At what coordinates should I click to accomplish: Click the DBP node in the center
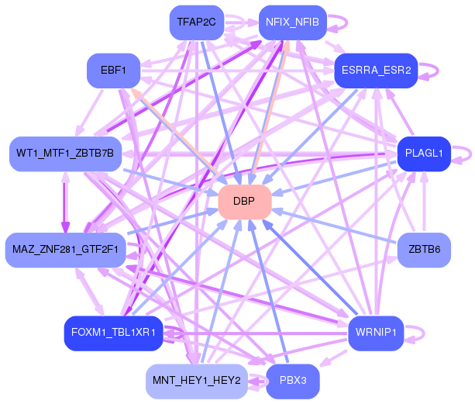point(244,202)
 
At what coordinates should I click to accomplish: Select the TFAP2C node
point(197,22)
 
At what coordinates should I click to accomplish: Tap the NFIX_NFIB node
point(293,22)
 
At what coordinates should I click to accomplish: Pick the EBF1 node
point(114,71)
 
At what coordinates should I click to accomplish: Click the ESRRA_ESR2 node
point(376,71)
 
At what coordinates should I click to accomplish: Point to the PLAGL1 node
point(424,154)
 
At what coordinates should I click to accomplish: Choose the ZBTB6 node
point(424,250)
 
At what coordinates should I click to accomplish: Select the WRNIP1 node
point(376,333)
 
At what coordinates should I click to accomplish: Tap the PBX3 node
point(293,381)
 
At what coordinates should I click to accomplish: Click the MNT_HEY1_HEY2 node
point(197,381)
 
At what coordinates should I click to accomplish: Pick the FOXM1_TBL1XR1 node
point(114,333)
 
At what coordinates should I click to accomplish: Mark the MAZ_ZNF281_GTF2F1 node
point(65,250)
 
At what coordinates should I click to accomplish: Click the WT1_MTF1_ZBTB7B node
point(65,154)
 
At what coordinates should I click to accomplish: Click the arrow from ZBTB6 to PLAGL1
point(424,202)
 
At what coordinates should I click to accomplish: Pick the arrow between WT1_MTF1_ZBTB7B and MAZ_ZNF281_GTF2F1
point(65,202)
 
